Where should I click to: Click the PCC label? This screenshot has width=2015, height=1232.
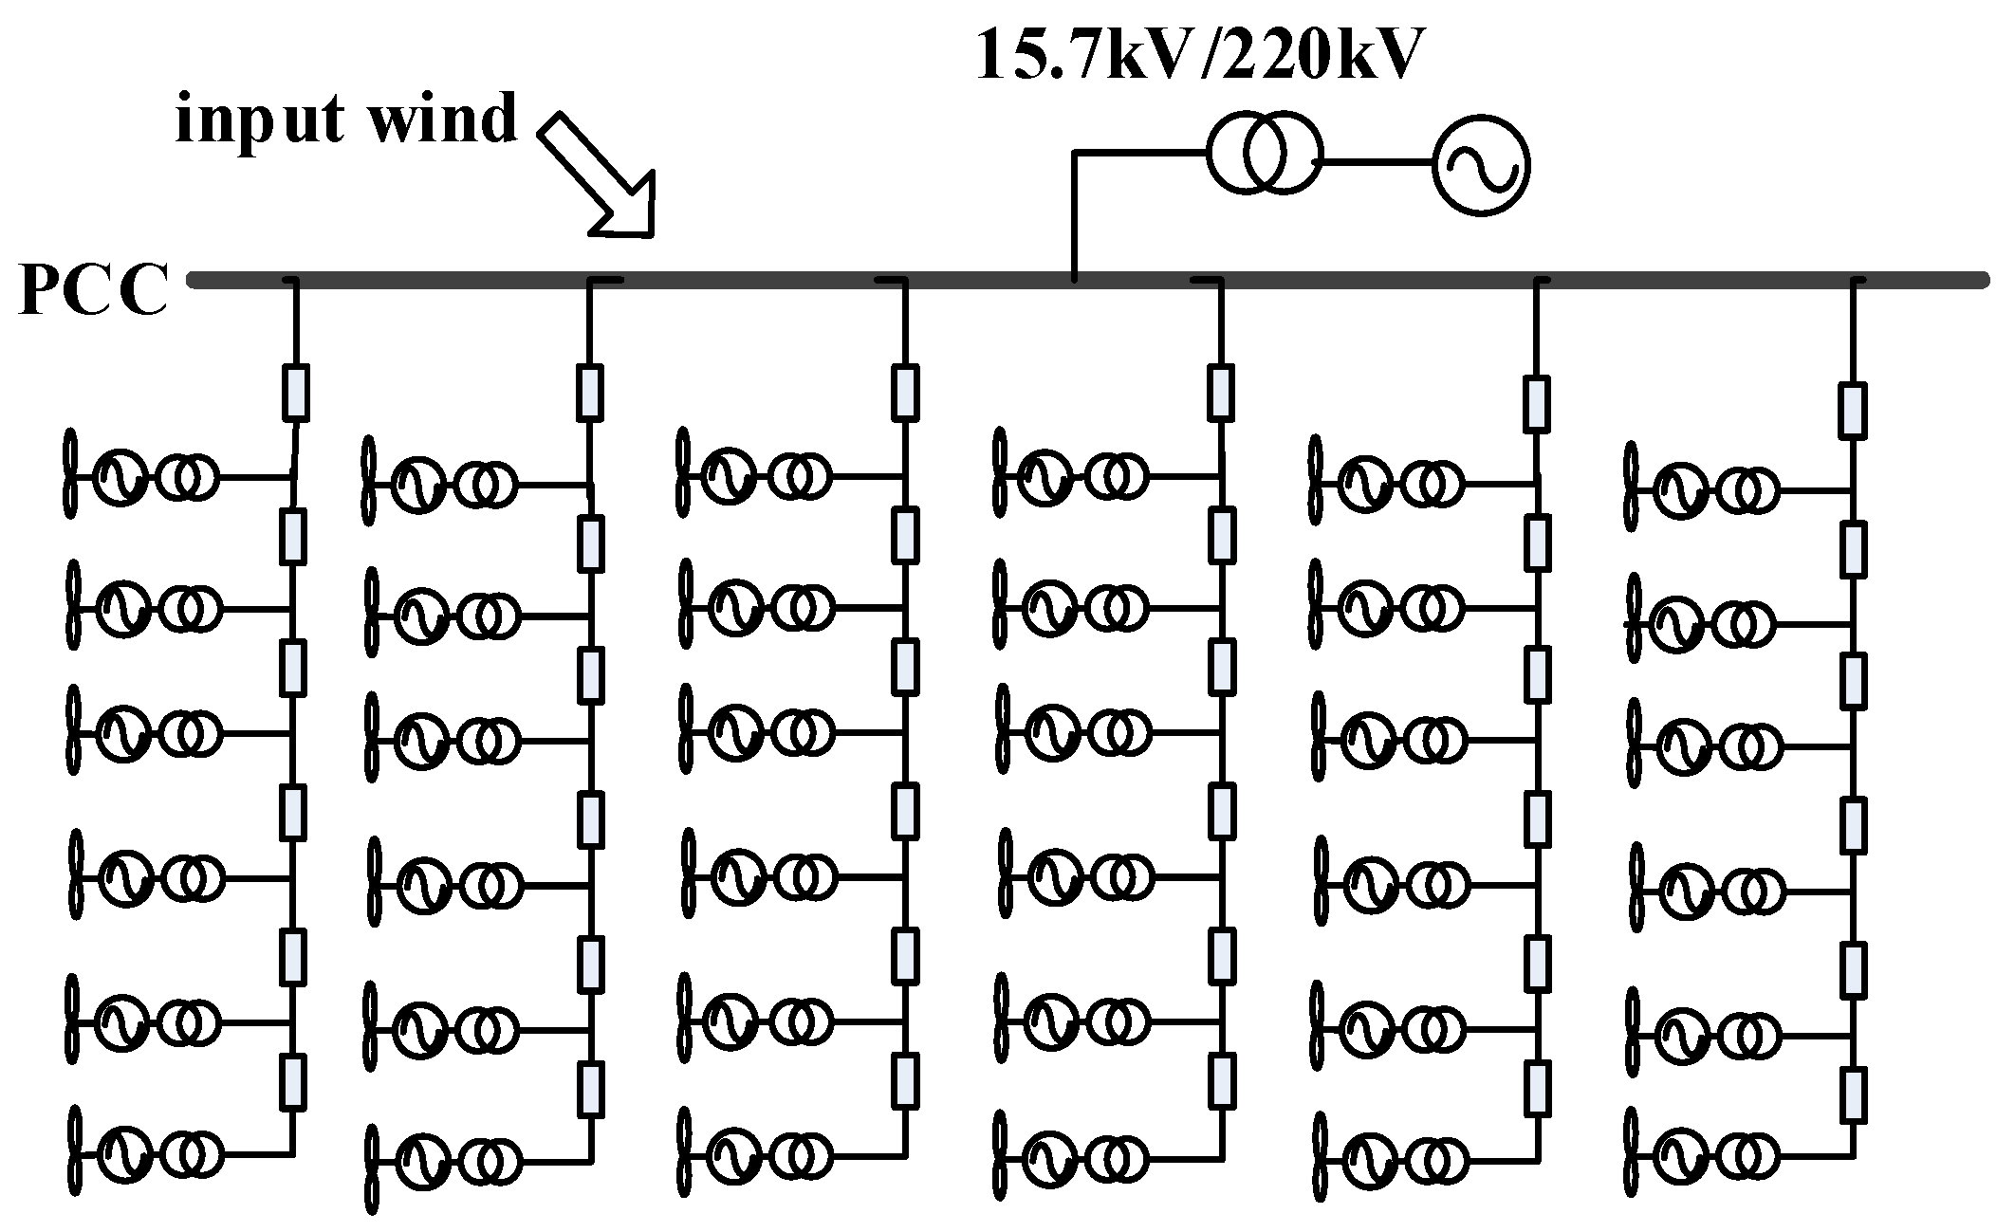click(x=93, y=290)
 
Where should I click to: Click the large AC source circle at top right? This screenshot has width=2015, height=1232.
click(x=1480, y=164)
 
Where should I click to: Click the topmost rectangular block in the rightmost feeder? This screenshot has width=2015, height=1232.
click(x=1852, y=410)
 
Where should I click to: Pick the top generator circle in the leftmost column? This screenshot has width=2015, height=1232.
click(x=120, y=476)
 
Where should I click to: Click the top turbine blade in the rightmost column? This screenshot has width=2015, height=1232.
click(x=1631, y=491)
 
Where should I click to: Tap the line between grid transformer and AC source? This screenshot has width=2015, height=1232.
click(x=1375, y=162)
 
